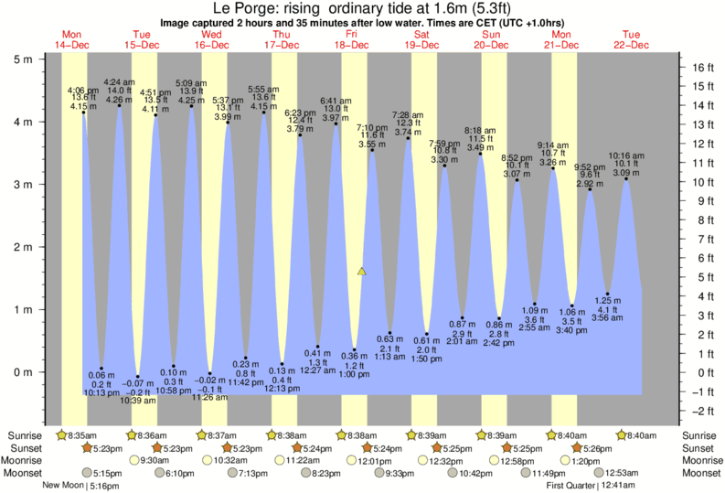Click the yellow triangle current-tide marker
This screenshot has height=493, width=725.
pos(362,272)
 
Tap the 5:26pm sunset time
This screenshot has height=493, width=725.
pos(594,448)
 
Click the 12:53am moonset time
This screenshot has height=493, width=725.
pos(617,473)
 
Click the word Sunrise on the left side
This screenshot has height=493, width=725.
pos(25,434)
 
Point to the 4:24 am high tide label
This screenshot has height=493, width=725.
pos(119,82)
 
